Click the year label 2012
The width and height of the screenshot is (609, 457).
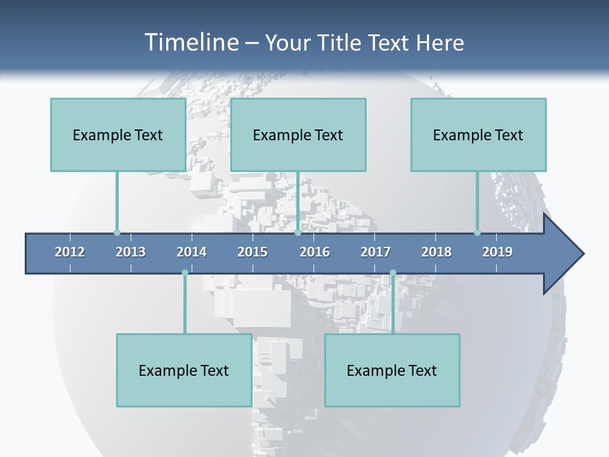pos(70,252)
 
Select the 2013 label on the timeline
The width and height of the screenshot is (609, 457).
pos(131,252)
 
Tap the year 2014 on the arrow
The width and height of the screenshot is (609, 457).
pos(192,252)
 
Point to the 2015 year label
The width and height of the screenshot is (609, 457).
pos(252,252)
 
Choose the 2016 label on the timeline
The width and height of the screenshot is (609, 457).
pos(315,252)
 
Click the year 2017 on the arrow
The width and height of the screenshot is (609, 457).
pos(376,252)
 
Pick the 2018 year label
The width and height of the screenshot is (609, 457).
pos(436,252)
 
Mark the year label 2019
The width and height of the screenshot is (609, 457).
pos(497,252)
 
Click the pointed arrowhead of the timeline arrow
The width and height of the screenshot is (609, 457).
pos(568,254)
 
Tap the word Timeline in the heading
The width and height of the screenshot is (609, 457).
pos(190,43)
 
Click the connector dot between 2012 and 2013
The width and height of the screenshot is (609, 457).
pos(117,233)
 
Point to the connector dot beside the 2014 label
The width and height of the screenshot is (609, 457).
pos(185,273)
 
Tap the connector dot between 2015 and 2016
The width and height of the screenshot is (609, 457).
pos(298,233)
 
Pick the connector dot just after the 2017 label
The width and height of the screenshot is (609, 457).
pos(393,273)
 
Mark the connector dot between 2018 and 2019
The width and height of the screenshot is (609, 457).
pos(477,233)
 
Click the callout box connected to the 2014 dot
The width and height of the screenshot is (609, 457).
pos(184,370)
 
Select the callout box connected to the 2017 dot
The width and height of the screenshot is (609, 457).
pos(392,370)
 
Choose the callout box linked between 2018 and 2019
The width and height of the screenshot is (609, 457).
pos(478,135)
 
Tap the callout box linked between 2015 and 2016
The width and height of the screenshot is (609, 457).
pos(298,135)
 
